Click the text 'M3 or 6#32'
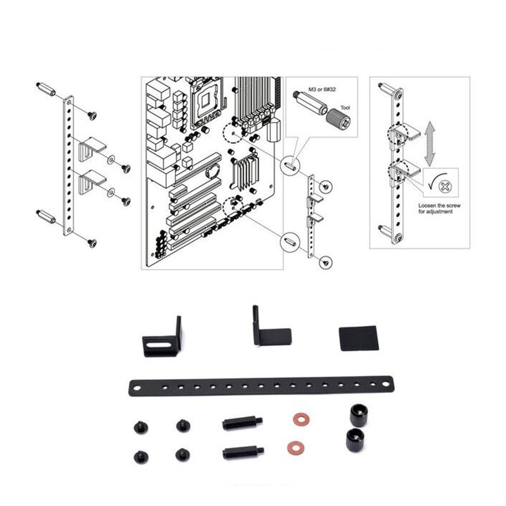coord(322,90)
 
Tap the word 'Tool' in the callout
coord(345,108)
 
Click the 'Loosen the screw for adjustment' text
coord(439,208)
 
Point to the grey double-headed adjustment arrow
coord(430,144)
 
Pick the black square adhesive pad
coord(358,338)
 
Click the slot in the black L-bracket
coord(160,346)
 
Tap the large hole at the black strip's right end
coord(385,384)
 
